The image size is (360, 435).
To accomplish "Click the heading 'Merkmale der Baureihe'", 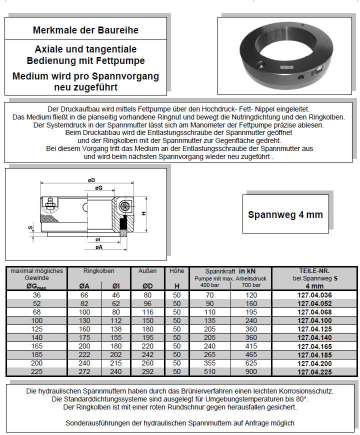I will [x=85, y=30].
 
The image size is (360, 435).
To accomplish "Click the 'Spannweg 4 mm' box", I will [x=285, y=214].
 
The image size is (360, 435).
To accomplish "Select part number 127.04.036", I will [x=314, y=295].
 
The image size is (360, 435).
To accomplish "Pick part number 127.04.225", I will [x=314, y=371].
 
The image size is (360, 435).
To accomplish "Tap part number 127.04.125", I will [x=314, y=329].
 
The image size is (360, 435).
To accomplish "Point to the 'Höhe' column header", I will [x=176, y=270].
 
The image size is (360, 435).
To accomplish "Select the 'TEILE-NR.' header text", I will [x=314, y=270].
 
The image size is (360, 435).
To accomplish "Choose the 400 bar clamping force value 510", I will [x=210, y=371].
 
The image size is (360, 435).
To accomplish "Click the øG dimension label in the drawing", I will [x=98, y=188].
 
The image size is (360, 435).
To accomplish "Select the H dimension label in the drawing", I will [x=143, y=214].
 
